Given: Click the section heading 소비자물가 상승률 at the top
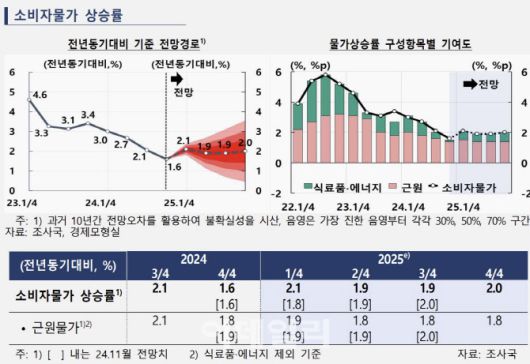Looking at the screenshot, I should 66,15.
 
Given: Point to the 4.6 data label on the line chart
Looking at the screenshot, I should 40,95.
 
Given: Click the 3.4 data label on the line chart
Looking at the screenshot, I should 89,114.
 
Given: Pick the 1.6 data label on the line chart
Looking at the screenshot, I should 173,167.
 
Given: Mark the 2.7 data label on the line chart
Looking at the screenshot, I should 120,144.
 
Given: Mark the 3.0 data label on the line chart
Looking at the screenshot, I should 101,140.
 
